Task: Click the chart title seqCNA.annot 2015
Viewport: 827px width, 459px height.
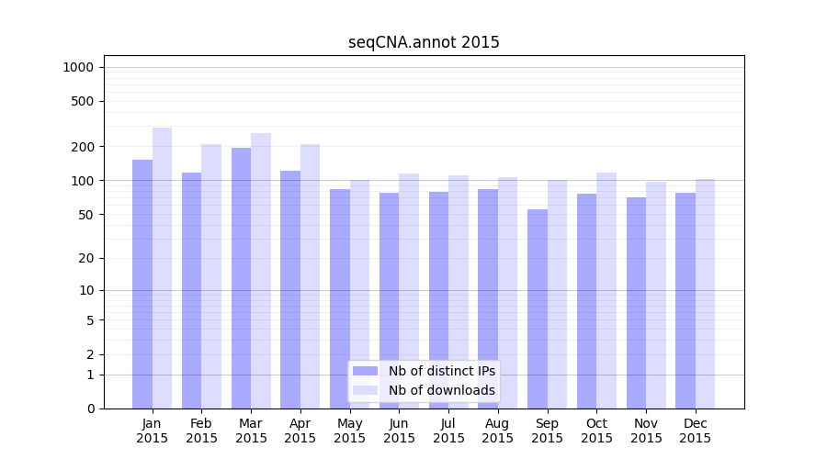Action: (424, 42)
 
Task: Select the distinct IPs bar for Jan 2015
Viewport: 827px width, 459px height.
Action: (142, 284)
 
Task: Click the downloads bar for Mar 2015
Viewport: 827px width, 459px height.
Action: (261, 271)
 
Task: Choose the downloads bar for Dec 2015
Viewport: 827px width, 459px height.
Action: (705, 294)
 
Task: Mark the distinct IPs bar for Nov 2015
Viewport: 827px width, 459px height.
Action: (636, 303)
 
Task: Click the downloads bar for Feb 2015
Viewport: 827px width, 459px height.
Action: (211, 276)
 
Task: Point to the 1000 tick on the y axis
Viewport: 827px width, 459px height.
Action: (78, 67)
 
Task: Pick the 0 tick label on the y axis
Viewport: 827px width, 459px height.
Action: (90, 409)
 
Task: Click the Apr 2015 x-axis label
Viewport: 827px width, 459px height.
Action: (300, 431)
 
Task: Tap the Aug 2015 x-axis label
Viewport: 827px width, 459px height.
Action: (498, 431)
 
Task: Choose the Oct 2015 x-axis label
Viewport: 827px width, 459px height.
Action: (596, 431)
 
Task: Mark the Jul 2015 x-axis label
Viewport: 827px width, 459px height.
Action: (448, 431)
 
